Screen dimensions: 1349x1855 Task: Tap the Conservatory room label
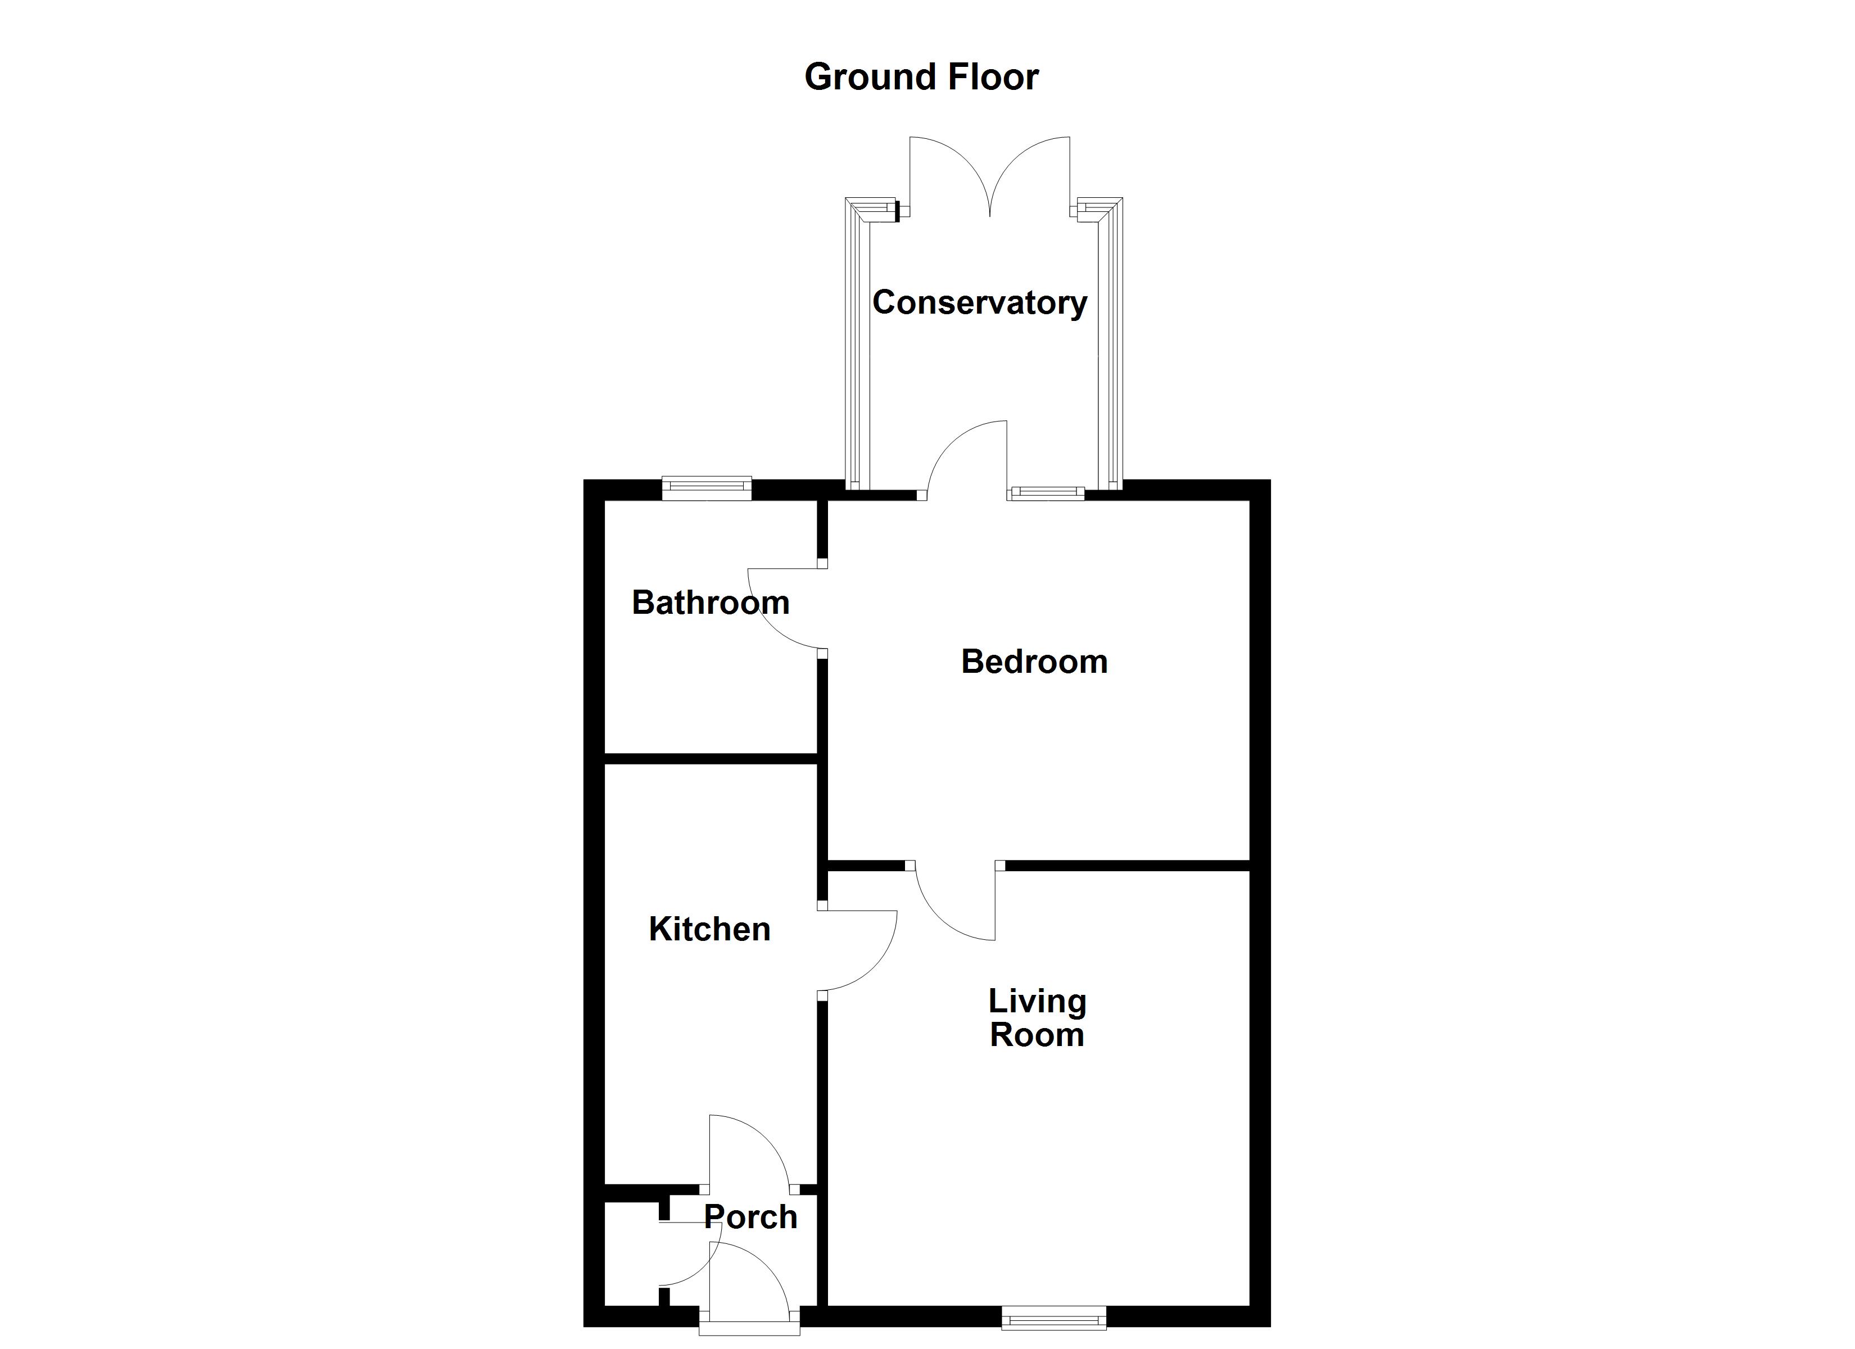pyautogui.click(x=979, y=303)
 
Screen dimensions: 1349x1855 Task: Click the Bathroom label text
pyautogui.click(x=710, y=603)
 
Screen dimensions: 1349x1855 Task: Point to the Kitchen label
pyautogui.click(x=709, y=929)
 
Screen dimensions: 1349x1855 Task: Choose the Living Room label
pyautogui.click(x=1037, y=1018)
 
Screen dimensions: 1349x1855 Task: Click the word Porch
pyautogui.click(x=750, y=1217)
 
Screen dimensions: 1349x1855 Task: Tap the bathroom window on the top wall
pyautogui.click(x=707, y=488)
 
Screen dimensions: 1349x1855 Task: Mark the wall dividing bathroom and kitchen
pyautogui.click(x=711, y=758)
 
